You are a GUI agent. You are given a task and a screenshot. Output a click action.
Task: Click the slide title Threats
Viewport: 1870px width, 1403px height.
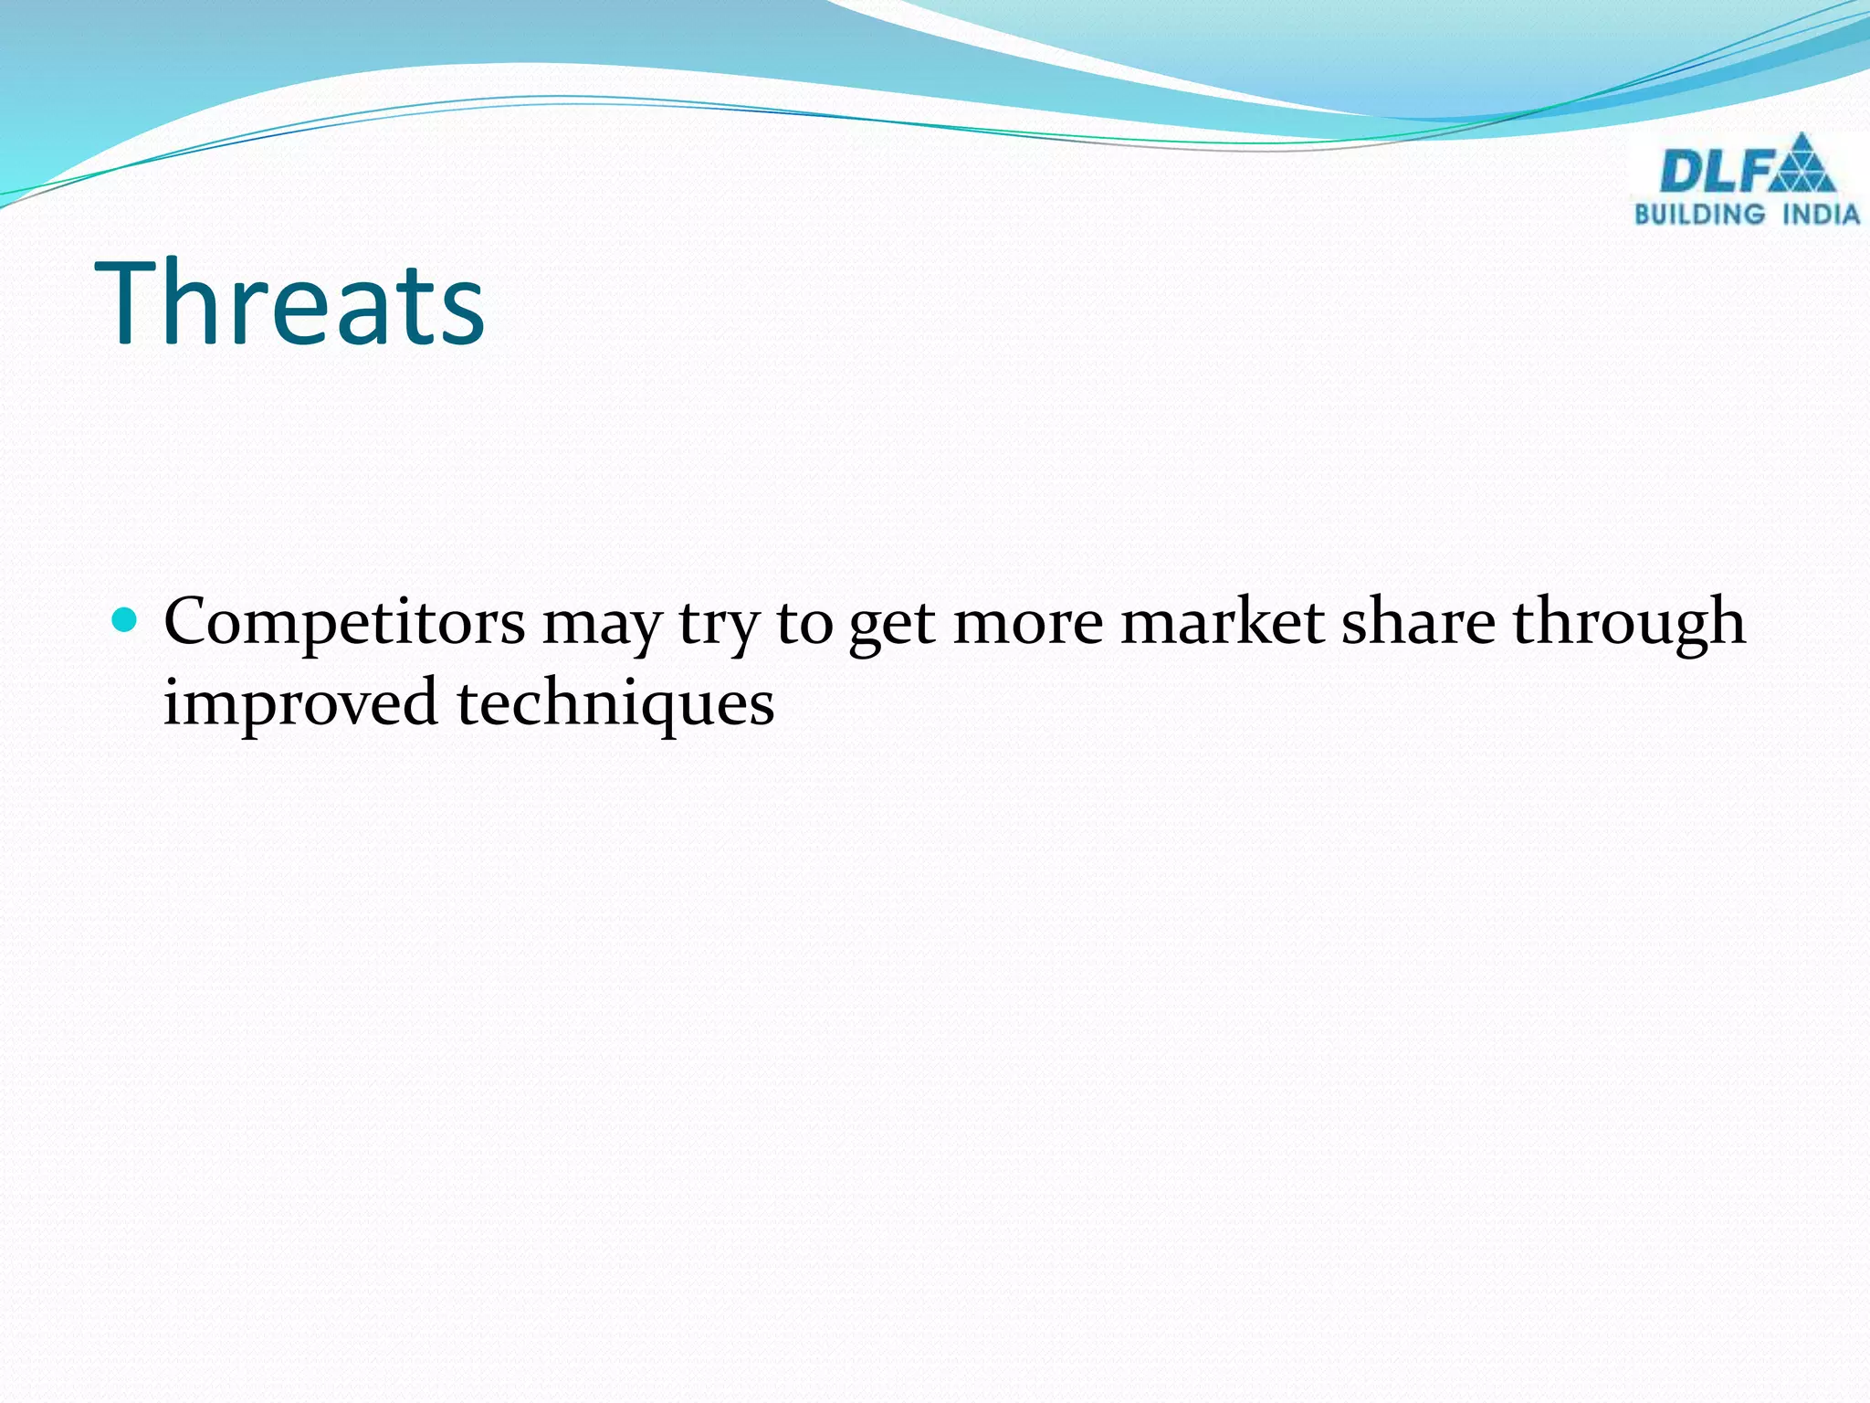[289, 303]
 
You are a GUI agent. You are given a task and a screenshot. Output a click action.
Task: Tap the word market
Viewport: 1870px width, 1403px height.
[1222, 622]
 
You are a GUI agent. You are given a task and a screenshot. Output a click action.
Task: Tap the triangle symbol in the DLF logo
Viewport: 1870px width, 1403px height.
[1801, 164]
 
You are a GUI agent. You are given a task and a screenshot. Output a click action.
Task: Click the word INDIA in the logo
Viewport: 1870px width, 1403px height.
[1821, 215]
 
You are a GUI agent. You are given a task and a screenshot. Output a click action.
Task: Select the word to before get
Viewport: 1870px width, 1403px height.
[804, 624]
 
